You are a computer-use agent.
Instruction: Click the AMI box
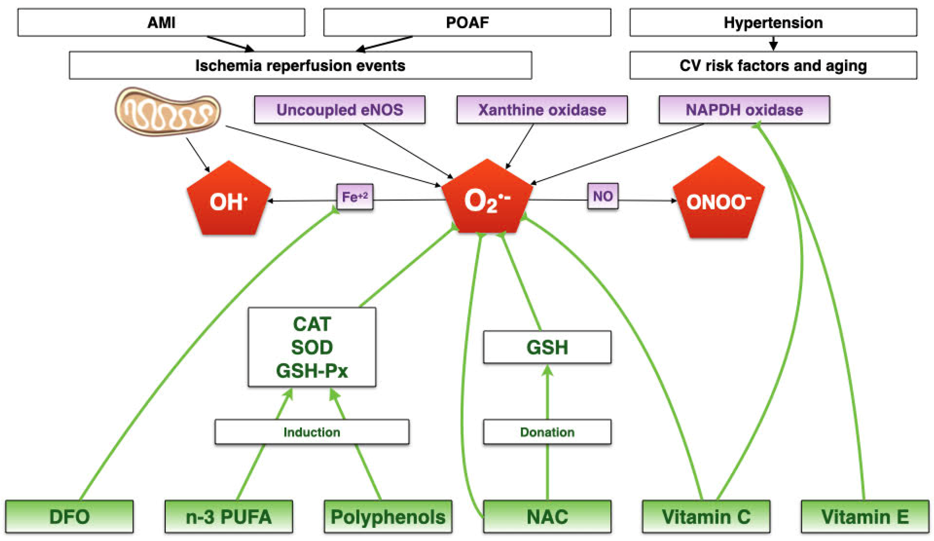pyautogui.click(x=161, y=22)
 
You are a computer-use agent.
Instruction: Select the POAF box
pyautogui.click(x=467, y=22)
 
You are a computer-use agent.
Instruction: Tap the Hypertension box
pyautogui.click(x=773, y=22)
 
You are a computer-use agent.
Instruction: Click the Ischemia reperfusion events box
pyautogui.click(x=300, y=66)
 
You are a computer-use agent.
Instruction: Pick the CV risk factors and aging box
pyautogui.click(x=773, y=66)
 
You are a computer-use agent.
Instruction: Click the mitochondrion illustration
pyautogui.click(x=167, y=111)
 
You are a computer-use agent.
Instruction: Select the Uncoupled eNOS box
pyautogui.click(x=340, y=110)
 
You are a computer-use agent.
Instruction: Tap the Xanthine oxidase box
pyautogui.click(x=542, y=110)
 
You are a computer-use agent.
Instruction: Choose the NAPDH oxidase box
pyautogui.click(x=744, y=110)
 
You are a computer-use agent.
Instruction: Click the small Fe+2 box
pyautogui.click(x=355, y=197)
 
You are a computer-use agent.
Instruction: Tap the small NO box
pyautogui.click(x=603, y=196)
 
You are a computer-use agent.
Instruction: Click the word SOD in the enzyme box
pyautogui.click(x=312, y=347)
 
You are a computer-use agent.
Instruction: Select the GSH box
pyautogui.click(x=547, y=347)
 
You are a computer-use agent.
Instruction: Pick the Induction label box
pyautogui.click(x=312, y=432)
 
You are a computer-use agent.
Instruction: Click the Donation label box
pyautogui.click(x=547, y=432)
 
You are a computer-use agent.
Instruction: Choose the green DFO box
pyautogui.click(x=69, y=516)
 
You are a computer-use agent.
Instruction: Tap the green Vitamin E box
pyautogui.click(x=865, y=516)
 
